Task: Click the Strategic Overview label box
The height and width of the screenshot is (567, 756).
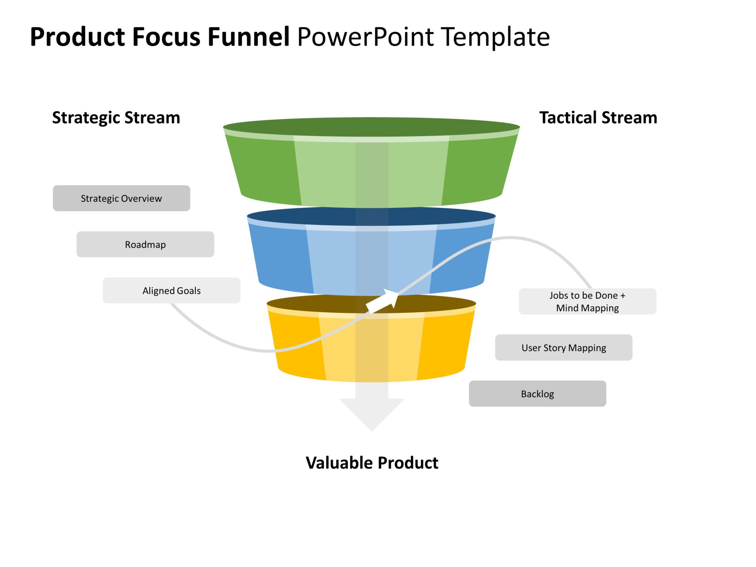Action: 121,198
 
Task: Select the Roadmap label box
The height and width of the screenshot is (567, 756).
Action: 145,244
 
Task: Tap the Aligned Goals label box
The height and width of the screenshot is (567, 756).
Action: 171,291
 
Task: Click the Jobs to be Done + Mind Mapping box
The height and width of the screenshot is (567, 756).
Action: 587,301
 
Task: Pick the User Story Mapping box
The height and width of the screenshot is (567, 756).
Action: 563,347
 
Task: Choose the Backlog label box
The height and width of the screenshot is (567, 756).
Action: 537,394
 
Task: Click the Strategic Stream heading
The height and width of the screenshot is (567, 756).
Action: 116,117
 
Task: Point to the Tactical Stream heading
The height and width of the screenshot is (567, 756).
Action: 598,117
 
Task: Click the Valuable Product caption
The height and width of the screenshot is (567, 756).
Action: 372,463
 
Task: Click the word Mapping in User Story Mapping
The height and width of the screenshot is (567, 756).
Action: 587,348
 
